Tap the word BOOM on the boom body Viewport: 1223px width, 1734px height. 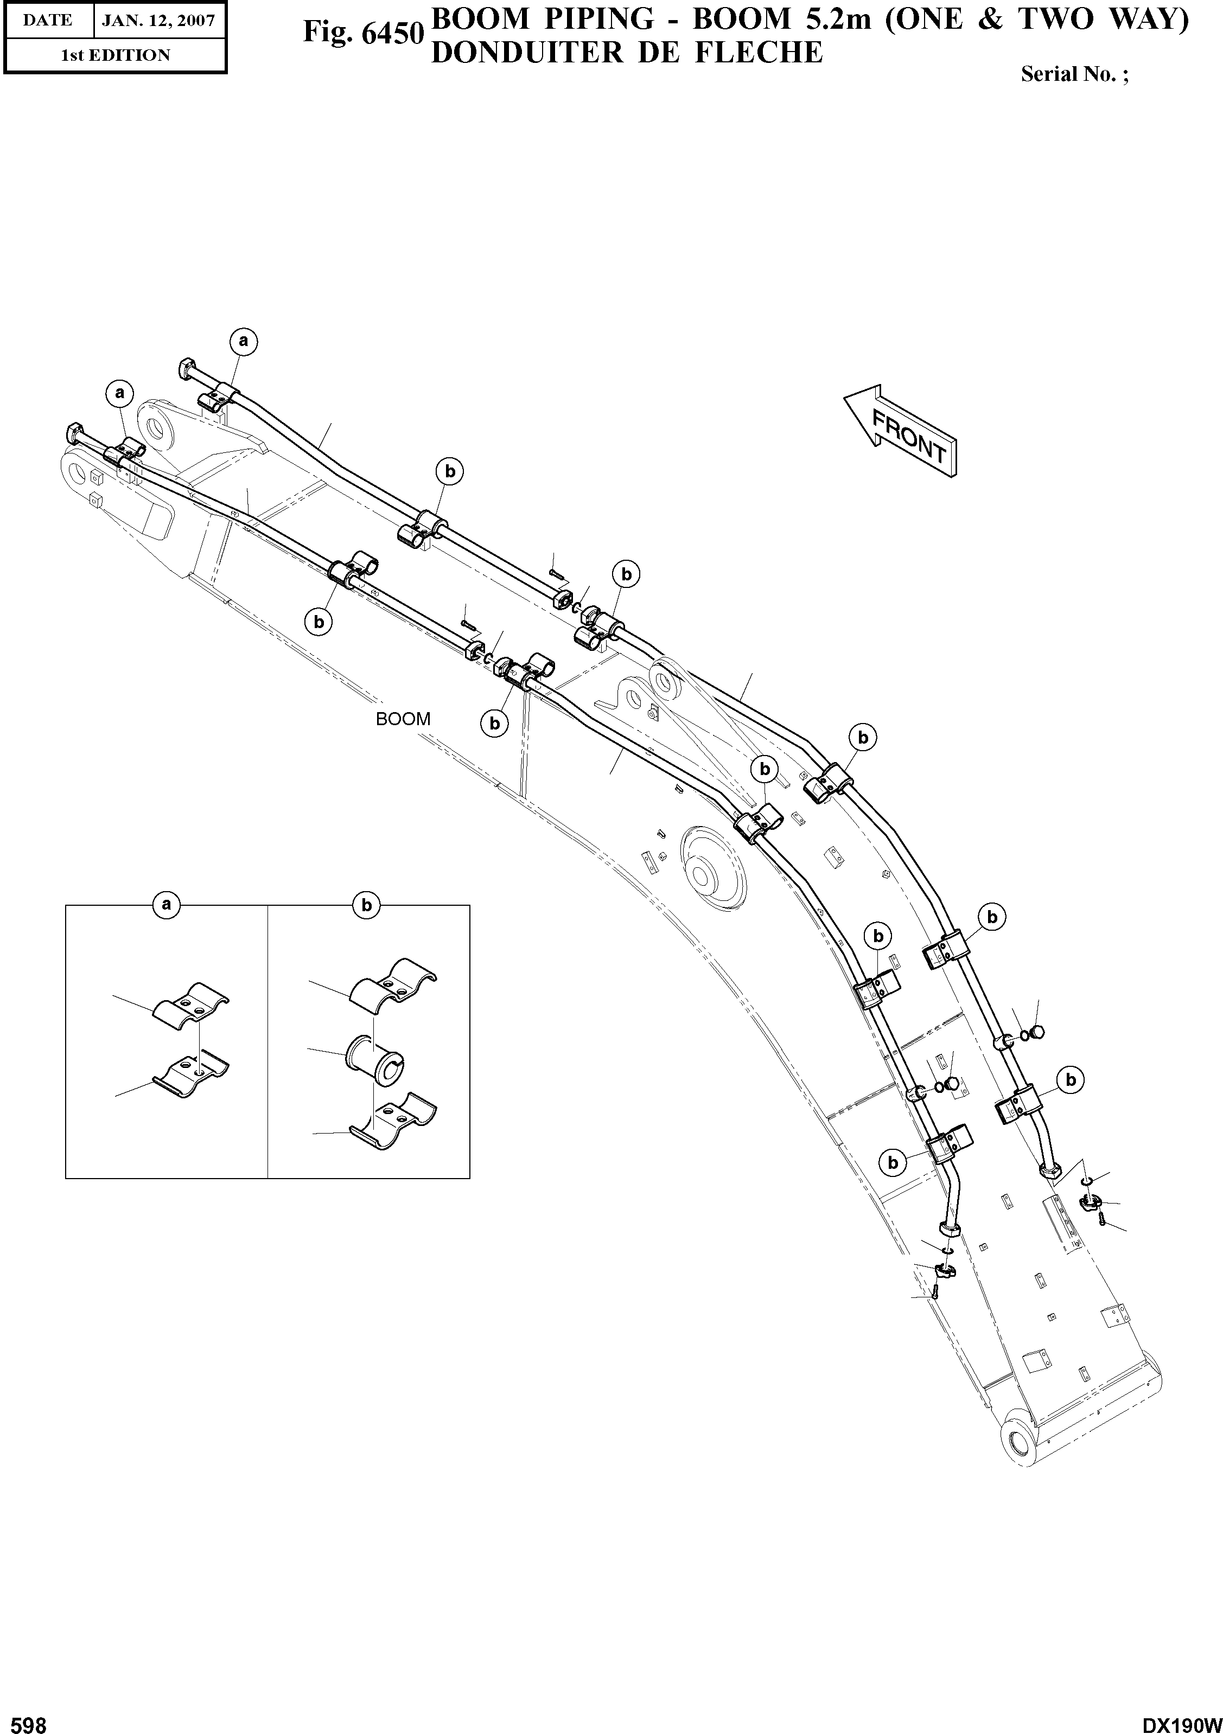tap(403, 719)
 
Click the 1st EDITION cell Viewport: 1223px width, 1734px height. tap(116, 55)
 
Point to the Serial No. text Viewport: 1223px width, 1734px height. tap(1073, 74)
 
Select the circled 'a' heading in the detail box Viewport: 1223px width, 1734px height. tap(167, 904)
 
